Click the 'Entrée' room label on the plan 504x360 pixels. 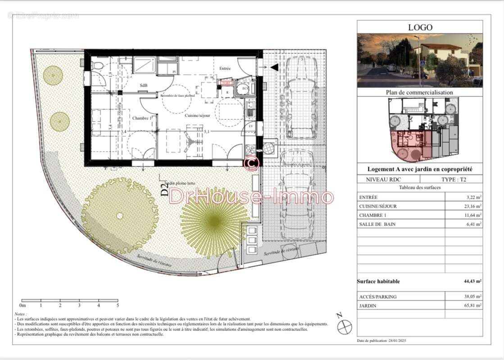point(225,69)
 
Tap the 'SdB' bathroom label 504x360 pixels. point(143,85)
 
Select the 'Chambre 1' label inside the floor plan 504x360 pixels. point(141,118)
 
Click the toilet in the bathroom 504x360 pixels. point(96,66)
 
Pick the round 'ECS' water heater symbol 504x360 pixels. point(245,88)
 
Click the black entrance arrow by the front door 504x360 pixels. point(274,67)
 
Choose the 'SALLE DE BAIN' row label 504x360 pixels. point(377,224)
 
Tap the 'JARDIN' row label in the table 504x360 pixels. point(369,306)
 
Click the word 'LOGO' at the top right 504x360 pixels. point(420,27)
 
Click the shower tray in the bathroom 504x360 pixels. point(145,66)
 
